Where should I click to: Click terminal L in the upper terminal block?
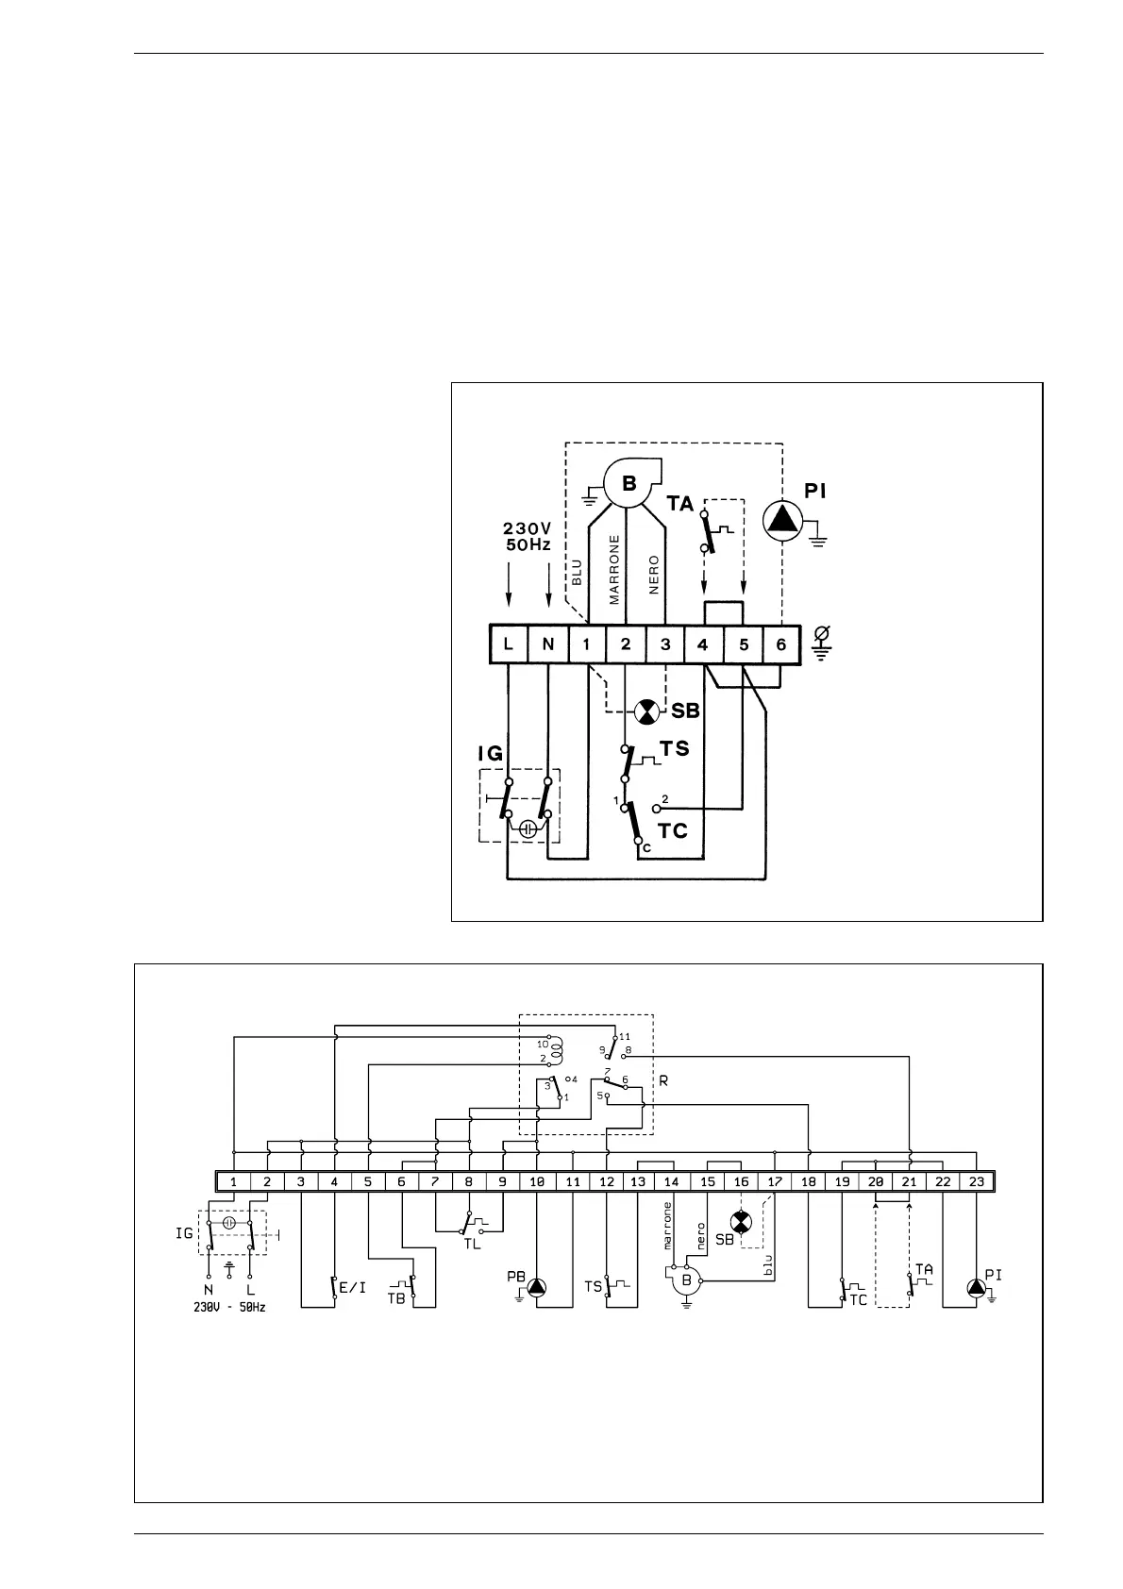pyautogui.click(x=509, y=644)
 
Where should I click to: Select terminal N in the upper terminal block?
pyautogui.click(x=548, y=644)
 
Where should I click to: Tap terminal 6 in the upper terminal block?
pyautogui.click(x=781, y=644)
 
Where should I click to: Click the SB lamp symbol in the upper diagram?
pyautogui.click(x=646, y=711)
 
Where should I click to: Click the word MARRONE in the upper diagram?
pyautogui.click(x=614, y=569)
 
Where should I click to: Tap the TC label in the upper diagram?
pyautogui.click(x=673, y=831)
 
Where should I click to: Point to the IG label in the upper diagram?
pyautogui.click(x=490, y=753)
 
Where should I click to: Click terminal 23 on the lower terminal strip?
pyautogui.click(x=976, y=1181)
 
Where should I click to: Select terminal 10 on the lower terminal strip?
pyautogui.click(x=537, y=1181)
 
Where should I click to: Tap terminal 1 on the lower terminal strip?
pyautogui.click(x=233, y=1181)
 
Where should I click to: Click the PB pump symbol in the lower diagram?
pyautogui.click(x=537, y=1286)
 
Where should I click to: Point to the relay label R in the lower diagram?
pyautogui.click(x=663, y=1080)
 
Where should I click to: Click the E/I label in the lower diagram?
pyautogui.click(x=352, y=1286)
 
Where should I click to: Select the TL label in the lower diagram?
pyautogui.click(x=472, y=1244)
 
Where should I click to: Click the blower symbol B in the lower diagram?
pyautogui.click(x=687, y=1280)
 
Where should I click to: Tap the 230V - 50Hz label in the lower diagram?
pyautogui.click(x=229, y=1308)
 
